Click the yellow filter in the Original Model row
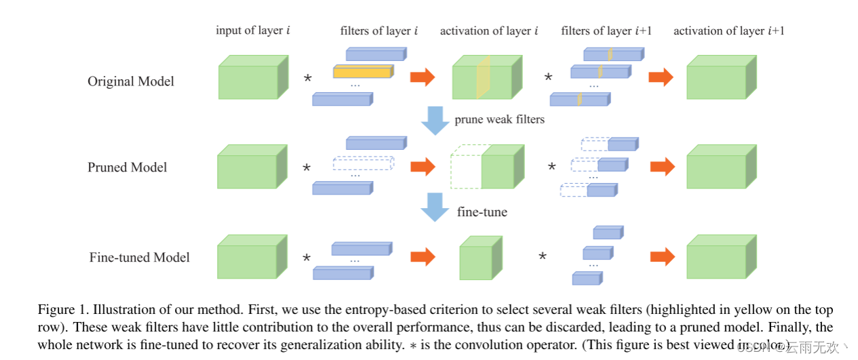tap(363, 71)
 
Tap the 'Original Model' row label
tap(131, 81)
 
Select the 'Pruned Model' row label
tap(127, 167)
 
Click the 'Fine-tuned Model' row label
tap(139, 258)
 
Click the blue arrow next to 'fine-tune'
tap(435, 207)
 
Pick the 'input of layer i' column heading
tap(253, 31)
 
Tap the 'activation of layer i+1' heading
tap(728, 31)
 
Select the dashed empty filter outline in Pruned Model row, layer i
tap(363, 163)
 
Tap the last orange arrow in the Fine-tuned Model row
tap(662, 256)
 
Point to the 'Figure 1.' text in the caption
tap(62, 311)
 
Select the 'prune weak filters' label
tap(499, 120)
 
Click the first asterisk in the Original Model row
tap(307, 79)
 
